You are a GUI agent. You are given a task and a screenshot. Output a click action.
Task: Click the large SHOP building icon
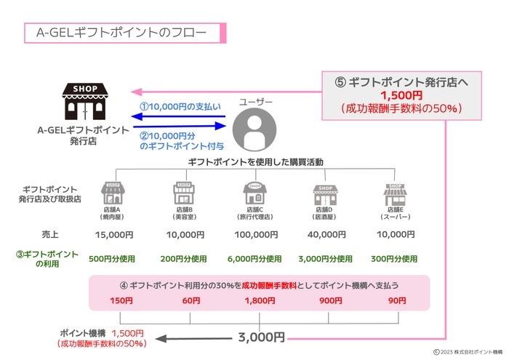pyautogui.click(x=85, y=102)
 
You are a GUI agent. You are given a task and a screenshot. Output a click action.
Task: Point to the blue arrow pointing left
pyautogui.click(x=182, y=117)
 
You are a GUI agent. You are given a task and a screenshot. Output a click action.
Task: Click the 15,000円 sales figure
pyautogui.click(x=114, y=235)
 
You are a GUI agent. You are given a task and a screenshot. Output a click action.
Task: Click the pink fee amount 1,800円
pyautogui.click(x=260, y=300)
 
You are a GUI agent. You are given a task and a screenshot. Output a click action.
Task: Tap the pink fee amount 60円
pyautogui.click(x=191, y=300)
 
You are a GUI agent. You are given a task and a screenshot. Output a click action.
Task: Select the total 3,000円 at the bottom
pyautogui.click(x=260, y=337)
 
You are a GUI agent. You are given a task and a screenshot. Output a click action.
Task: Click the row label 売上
pyautogui.click(x=50, y=234)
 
